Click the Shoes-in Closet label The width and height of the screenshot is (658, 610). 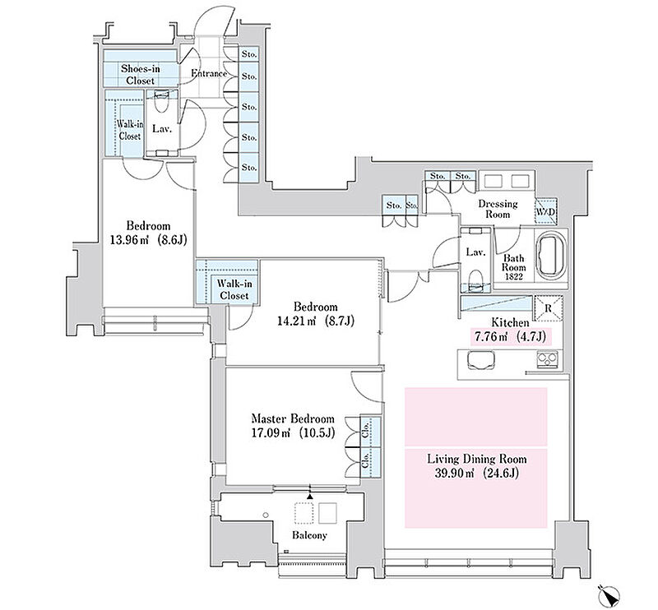pyautogui.click(x=140, y=74)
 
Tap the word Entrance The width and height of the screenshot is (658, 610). pyautogui.click(x=209, y=73)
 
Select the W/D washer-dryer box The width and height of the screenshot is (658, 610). pyautogui.click(x=545, y=212)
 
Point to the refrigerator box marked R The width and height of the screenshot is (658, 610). pyautogui.click(x=548, y=308)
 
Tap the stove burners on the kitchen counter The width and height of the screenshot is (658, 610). pyautogui.click(x=548, y=359)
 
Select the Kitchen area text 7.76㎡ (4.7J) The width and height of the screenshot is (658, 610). pyautogui.click(x=510, y=336)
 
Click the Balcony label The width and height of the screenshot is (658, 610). pyautogui.click(x=309, y=535)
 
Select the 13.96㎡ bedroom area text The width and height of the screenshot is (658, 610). pyautogui.click(x=148, y=240)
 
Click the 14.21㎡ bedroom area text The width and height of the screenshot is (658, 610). pyautogui.click(x=316, y=321)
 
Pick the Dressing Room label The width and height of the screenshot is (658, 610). pyautogui.click(x=498, y=209)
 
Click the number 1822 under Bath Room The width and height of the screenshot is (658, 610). pyautogui.click(x=514, y=276)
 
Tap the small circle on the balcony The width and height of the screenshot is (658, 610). pyautogui.click(x=265, y=515)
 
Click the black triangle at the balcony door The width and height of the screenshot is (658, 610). pyautogui.click(x=310, y=497)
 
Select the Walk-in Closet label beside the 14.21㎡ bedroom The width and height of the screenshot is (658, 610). pyautogui.click(x=234, y=289)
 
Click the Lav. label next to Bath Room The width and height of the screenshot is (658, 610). pyautogui.click(x=476, y=252)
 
